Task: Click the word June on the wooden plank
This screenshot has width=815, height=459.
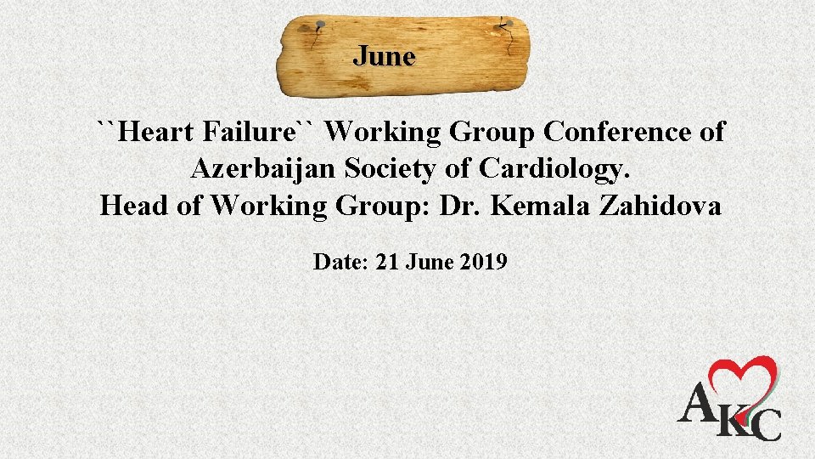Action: [385, 57]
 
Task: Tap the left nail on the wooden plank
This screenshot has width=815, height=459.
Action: [319, 26]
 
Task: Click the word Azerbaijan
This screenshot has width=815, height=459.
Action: [264, 169]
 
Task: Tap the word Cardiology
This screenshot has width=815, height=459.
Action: [555, 170]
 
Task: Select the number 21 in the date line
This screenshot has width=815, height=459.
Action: [386, 262]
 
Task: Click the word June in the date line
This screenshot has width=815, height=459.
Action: [430, 262]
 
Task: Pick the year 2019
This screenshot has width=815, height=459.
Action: [485, 262]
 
